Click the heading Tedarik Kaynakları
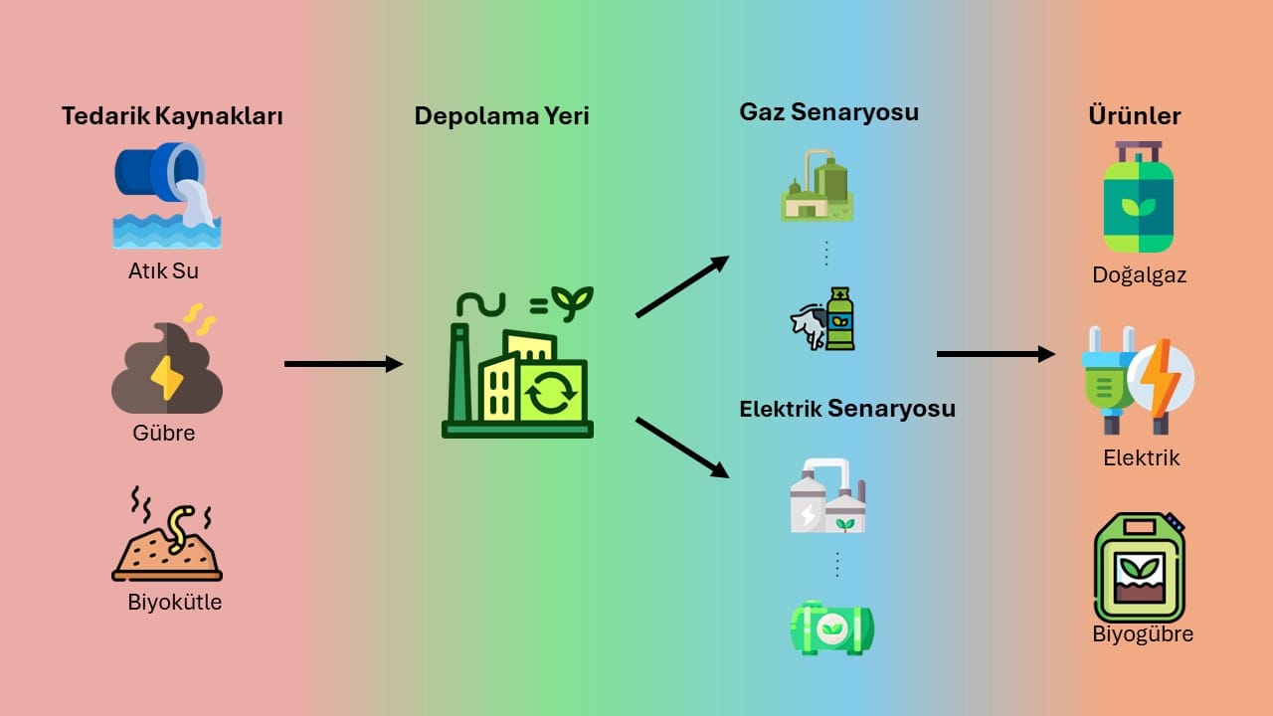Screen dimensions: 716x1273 pos(172,116)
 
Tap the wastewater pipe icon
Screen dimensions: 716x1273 pos(165,195)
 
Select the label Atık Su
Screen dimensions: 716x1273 pos(163,269)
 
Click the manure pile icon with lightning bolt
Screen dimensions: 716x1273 pos(166,368)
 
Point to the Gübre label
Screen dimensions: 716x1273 pos(163,434)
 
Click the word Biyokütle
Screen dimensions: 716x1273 pos(175,602)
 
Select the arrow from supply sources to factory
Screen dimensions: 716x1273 pos(343,364)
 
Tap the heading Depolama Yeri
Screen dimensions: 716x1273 pos(501,116)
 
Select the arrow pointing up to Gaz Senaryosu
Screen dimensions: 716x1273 pos(682,286)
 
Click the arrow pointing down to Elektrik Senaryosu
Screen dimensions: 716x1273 pos(682,447)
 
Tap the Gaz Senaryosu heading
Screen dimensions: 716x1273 pos(828,111)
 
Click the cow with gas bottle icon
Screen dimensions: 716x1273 pos(823,319)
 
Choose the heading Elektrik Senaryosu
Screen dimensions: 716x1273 pos(846,408)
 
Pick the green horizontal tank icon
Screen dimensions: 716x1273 pos(832,627)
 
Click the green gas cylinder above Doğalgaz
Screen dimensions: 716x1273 pos(1139,198)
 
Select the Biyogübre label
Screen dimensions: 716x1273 pos(1143,634)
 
